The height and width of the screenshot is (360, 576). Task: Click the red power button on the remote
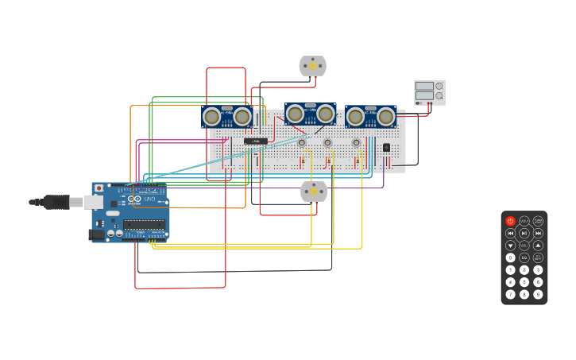(x=511, y=221)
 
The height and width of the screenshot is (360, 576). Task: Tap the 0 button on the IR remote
(x=511, y=257)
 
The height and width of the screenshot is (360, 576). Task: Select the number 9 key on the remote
(x=538, y=295)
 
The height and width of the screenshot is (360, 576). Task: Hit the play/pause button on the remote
(x=524, y=233)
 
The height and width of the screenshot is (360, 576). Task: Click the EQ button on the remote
(x=524, y=257)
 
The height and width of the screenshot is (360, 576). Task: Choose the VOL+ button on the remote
(x=524, y=221)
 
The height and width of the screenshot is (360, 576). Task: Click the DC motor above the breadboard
(x=312, y=66)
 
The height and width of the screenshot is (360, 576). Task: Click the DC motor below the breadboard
(x=314, y=192)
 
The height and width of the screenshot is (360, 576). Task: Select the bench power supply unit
(x=429, y=92)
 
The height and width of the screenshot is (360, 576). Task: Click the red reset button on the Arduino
(x=99, y=188)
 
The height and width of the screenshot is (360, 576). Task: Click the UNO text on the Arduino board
(x=149, y=198)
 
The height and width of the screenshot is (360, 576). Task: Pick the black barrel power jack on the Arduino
(x=97, y=234)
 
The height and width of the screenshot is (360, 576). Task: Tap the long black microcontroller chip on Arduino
(x=145, y=225)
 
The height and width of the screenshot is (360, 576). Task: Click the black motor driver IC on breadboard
(x=254, y=141)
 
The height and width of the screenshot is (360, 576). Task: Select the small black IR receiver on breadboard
(x=386, y=147)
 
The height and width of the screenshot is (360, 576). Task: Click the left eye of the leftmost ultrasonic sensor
(x=212, y=117)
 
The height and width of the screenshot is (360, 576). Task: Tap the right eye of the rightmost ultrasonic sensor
(x=385, y=117)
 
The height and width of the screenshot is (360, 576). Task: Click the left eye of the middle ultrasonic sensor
(x=296, y=114)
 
